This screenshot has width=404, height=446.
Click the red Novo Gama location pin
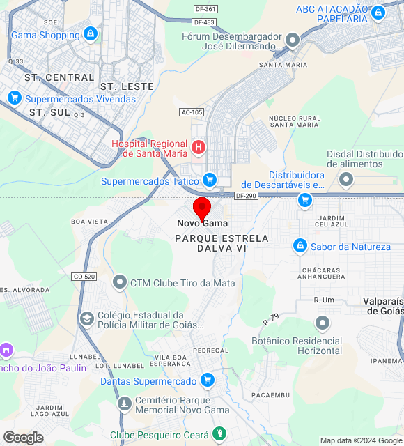point(202,208)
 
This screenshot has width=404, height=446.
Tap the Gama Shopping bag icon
point(90,33)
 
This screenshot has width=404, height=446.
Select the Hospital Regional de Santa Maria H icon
point(199,147)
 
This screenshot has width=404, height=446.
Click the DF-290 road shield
point(247,196)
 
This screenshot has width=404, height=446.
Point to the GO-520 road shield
point(84,277)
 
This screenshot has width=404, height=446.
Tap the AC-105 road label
point(192,111)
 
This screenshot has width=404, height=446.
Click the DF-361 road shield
point(205,9)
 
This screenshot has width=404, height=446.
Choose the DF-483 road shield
point(205,22)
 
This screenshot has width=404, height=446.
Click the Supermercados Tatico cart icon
point(209,180)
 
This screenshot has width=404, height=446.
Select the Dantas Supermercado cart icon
point(207,380)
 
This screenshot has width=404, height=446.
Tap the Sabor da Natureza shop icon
point(300,246)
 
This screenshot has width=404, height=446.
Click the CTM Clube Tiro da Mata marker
point(120,283)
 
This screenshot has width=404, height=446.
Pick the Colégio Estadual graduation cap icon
point(87,319)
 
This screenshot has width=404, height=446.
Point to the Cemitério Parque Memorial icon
point(124,404)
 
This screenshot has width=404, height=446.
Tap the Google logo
point(23,437)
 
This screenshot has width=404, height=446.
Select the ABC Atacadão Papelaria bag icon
point(378,13)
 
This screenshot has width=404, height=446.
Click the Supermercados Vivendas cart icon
point(15,98)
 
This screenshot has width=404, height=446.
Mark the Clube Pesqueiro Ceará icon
point(219,435)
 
